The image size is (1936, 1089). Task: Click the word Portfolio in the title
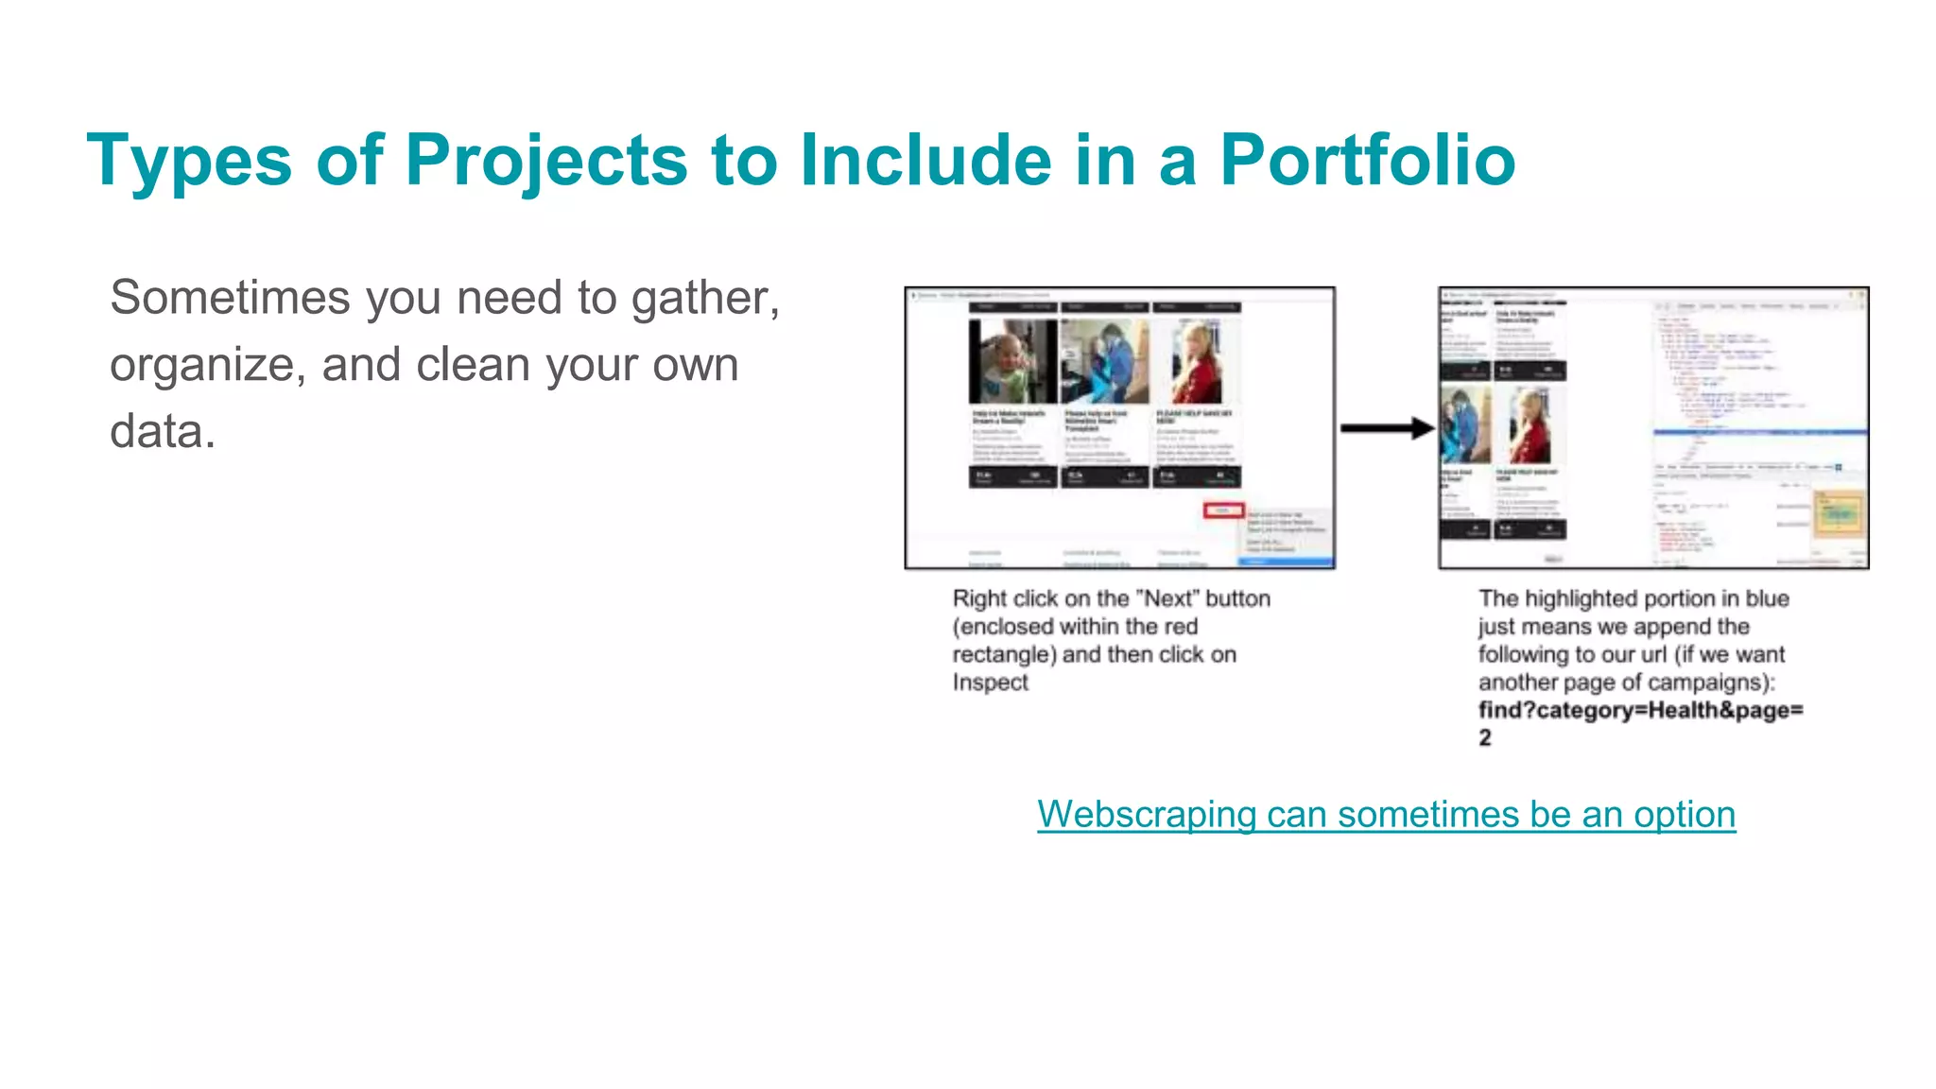pyautogui.click(x=1367, y=160)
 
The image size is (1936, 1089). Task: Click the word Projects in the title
pyautogui.click(x=546, y=160)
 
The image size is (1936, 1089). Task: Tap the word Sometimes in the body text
pyautogui.click(x=230, y=298)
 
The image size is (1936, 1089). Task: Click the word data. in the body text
pyautogui.click(x=163, y=432)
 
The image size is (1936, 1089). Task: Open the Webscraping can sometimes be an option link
pyautogui.click(x=1386, y=815)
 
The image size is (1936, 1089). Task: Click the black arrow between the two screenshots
pyautogui.click(x=1387, y=428)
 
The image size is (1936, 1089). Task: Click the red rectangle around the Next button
pyautogui.click(x=1223, y=510)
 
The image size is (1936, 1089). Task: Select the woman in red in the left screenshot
pyautogui.click(x=1197, y=362)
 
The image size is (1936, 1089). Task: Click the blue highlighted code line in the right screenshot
pyautogui.click(x=1759, y=432)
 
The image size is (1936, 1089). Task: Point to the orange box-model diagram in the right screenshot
pyautogui.click(x=1839, y=516)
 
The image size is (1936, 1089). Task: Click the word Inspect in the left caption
pyautogui.click(x=990, y=683)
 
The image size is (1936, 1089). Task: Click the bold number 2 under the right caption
pyautogui.click(x=1485, y=738)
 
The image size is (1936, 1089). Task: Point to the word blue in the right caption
pyautogui.click(x=1767, y=598)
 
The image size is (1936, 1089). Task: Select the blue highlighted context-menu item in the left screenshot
pyautogui.click(x=1286, y=562)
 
